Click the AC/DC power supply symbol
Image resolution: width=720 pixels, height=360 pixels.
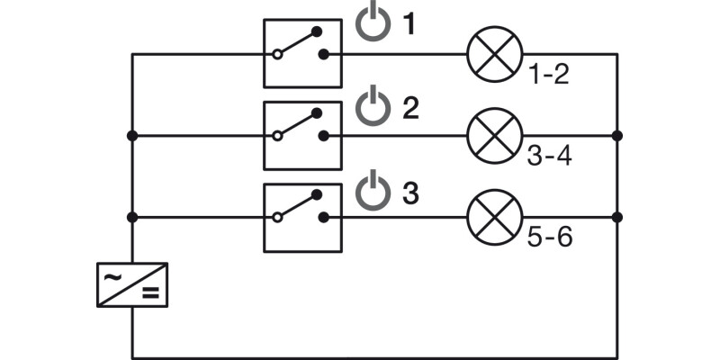pos(132,285)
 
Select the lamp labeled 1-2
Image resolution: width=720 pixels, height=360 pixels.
pos(495,54)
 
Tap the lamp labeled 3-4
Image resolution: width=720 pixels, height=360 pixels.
pos(495,136)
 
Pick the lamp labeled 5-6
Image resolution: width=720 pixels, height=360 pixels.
pos(495,217)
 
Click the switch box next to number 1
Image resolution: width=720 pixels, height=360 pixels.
pos(302,53)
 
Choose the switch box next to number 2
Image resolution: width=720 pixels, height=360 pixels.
pos(302,136)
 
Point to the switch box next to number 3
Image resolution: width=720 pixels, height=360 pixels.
pos(302,218)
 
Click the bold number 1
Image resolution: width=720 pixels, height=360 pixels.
pos(409,24)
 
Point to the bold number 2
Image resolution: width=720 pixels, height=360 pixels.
pos(411,109)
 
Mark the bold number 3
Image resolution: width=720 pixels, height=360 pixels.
pos(411,193)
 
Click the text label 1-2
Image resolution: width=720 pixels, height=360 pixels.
pos(549,75)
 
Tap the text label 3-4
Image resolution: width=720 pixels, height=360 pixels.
pos(549,156)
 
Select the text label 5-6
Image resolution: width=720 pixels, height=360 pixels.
pos(550,238)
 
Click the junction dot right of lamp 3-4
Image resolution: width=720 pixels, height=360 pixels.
pos(617,136)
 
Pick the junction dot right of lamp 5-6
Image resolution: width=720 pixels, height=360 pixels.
pos(617,217)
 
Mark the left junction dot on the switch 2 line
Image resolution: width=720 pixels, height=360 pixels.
pos(132,136)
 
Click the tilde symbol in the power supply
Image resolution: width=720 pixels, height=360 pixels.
pos(112,277)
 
